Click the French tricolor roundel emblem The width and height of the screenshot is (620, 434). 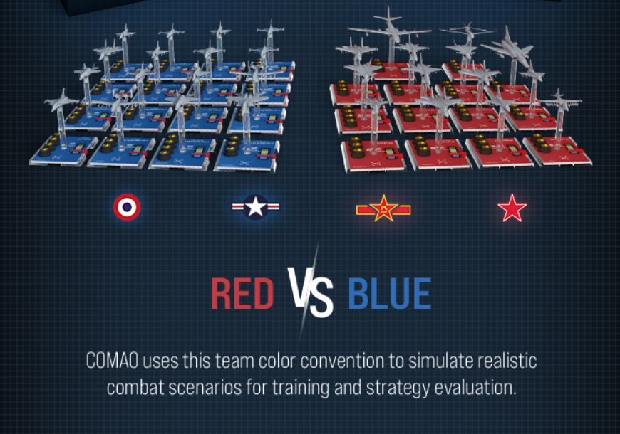point(127,207)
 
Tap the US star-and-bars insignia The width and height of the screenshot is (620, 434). point(255,207)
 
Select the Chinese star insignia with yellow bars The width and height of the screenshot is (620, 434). point(383,208)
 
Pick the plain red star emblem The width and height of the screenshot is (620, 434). point(512,208)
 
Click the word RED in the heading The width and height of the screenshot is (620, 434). point(242,294)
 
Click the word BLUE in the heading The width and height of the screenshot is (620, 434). point(389,294)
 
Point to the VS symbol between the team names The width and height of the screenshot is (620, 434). point(311,292)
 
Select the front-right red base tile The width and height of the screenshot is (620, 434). point(557,149)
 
